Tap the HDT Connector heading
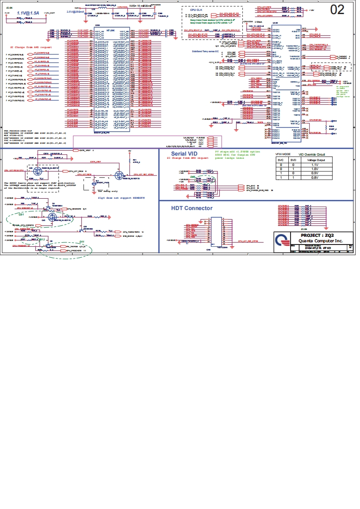point(192,208)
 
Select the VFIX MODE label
point(283,154)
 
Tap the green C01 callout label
point(21,214)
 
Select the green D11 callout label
point(82,241)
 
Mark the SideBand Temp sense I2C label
point(205,51)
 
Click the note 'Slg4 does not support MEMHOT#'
point(121,198)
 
